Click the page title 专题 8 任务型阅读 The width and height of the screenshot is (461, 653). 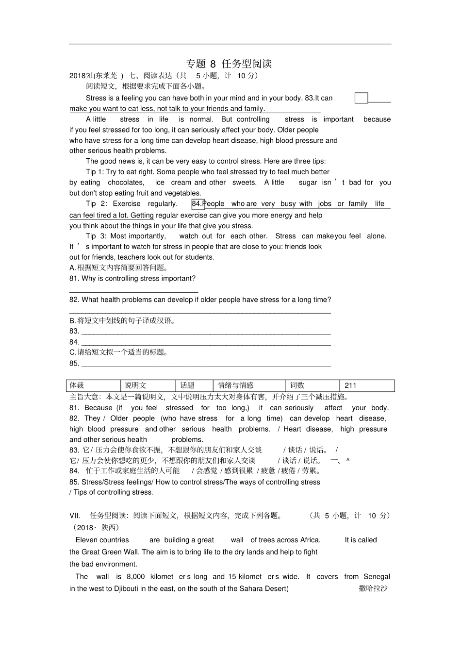(229, 64)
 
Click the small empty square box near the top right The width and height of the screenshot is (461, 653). (361, 98)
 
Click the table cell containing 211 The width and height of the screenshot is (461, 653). (367, 385)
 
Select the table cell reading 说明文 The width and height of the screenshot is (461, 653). (148, 385)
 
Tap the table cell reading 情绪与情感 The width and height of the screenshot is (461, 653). (248, 385)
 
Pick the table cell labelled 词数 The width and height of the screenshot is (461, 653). (312, 385)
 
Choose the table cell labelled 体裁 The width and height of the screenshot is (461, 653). (93, 385)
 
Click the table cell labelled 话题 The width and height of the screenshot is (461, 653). (194, 385)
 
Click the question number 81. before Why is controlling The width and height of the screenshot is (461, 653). (75, 279)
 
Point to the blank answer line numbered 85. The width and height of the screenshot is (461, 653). (206, 366)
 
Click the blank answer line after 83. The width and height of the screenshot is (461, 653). (206, 334)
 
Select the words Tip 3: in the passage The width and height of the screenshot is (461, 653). (96, 236)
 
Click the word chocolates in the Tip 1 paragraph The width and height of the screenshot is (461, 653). (126, 183)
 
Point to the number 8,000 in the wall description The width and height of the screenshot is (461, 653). (135, 577)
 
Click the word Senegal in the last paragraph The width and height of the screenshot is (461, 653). (377, 577)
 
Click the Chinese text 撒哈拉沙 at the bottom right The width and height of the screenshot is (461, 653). (373, 589)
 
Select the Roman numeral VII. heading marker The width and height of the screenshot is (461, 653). (75, 516)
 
